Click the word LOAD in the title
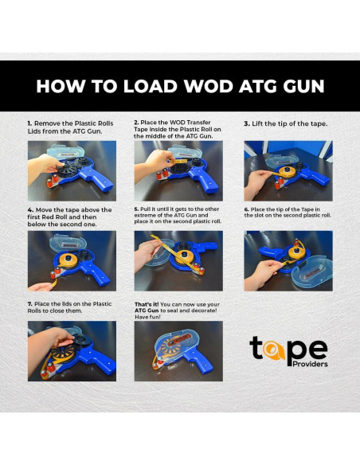pos(150,86)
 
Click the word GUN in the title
pos(303,86)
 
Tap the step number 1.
pos(29,123)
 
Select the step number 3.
pos(247,124)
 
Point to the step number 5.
pos(136,209)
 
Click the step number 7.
pos(29,304)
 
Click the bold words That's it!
pos(147,305)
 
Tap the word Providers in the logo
pos(310,364)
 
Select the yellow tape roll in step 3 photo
pos(287,172)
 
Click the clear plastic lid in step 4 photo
pos(68,242)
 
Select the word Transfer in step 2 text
pos(198,123)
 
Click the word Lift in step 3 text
pos(256,124)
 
